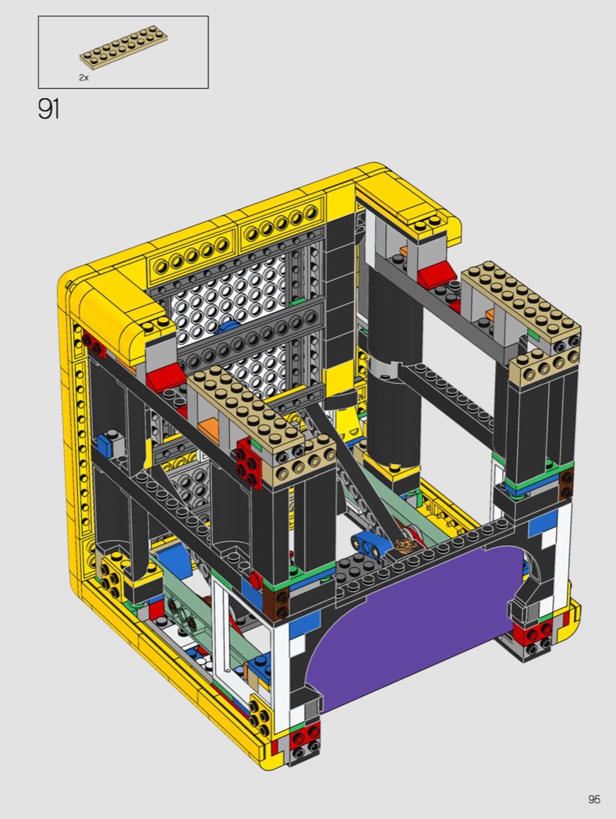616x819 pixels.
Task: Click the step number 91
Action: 48,108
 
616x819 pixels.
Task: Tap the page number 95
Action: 594,799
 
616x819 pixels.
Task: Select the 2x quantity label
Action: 84,77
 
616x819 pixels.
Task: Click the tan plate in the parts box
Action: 123,47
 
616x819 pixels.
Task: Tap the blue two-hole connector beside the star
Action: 370,544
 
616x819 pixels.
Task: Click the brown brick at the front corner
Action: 278,603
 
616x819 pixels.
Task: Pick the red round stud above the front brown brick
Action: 255,579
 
